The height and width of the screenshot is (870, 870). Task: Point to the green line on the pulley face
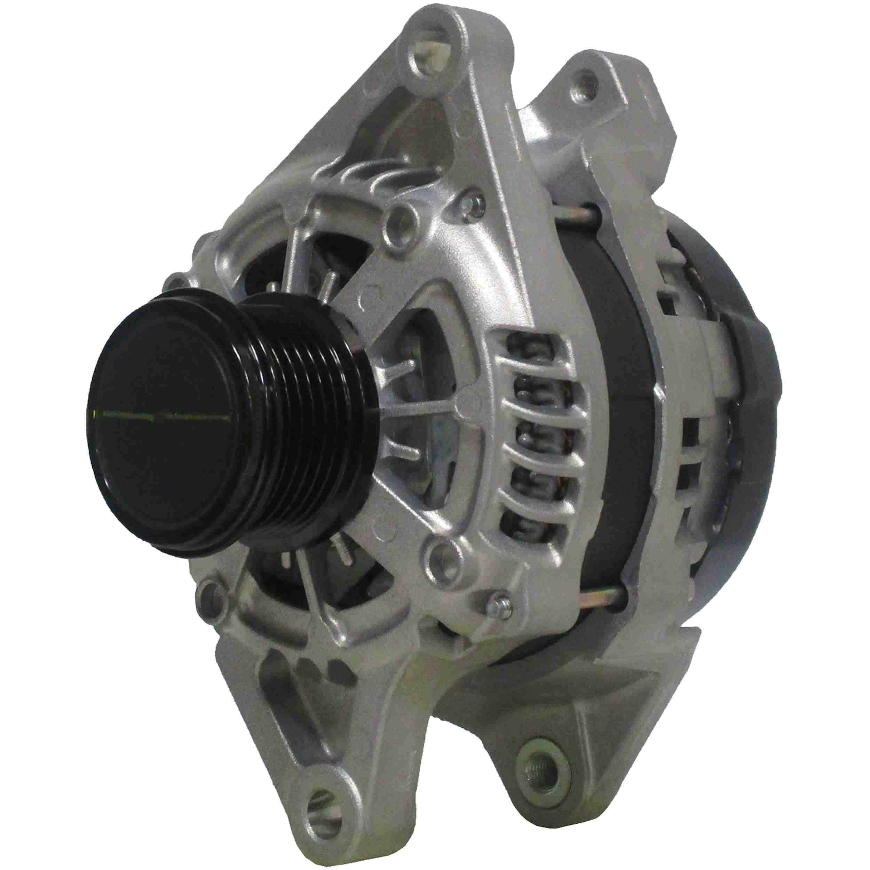click(x=162, y=415)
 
